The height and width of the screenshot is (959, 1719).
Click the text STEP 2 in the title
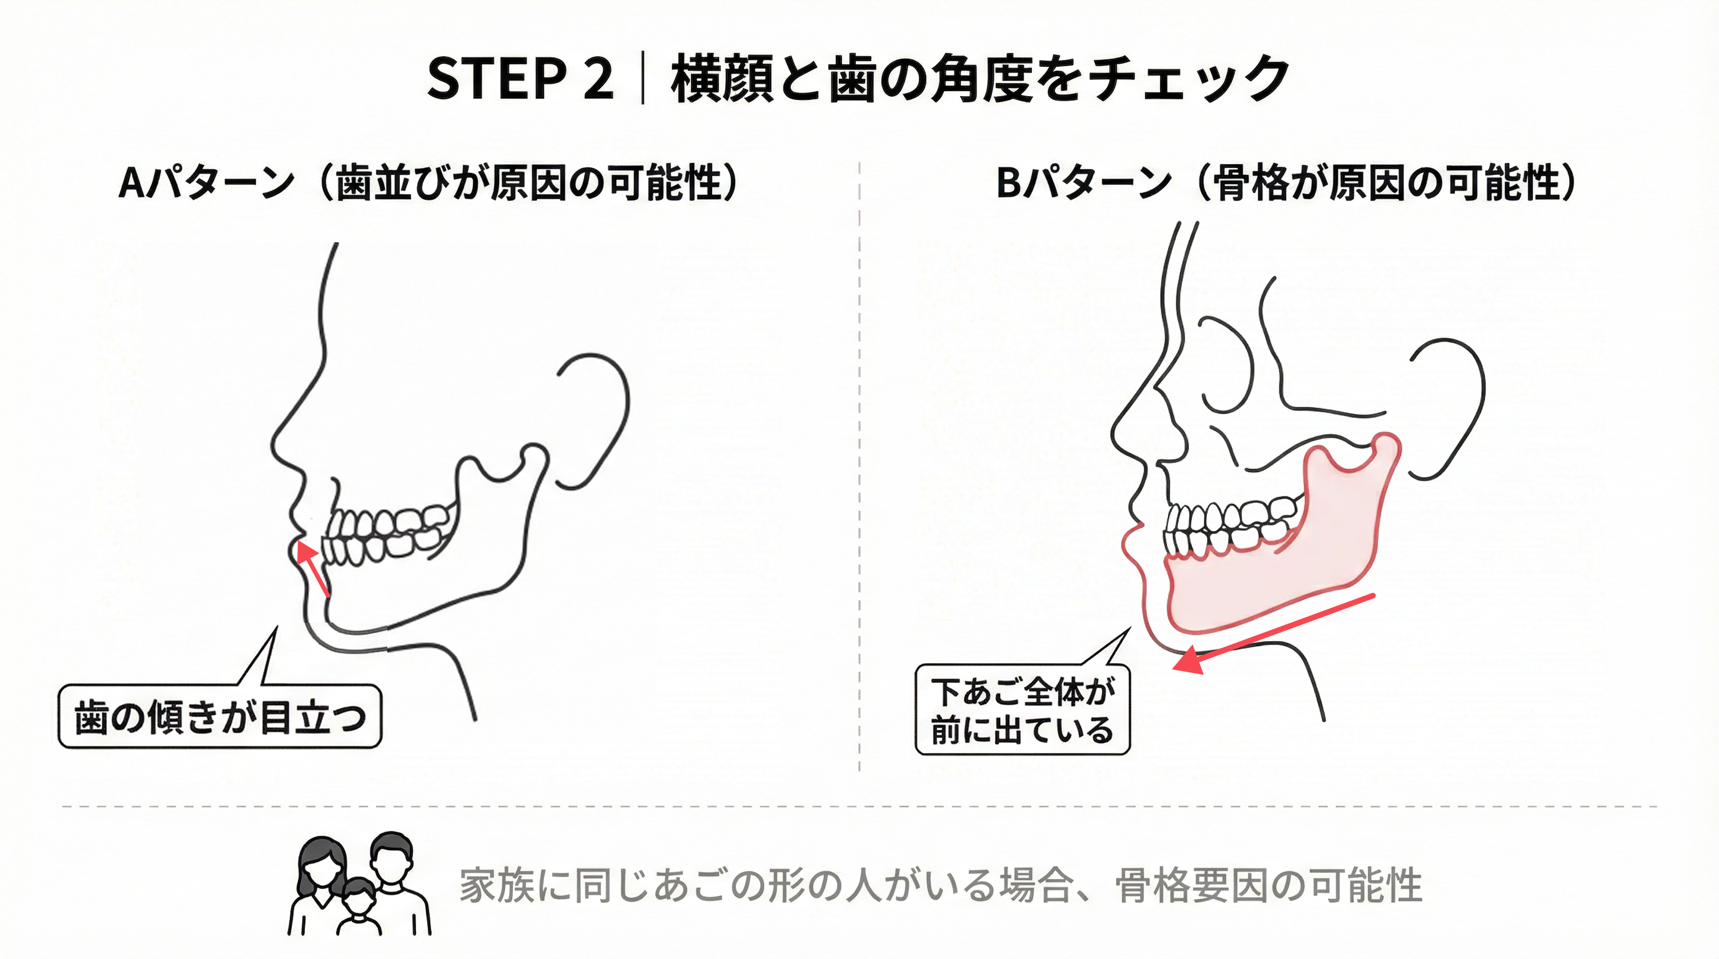click(520, 79)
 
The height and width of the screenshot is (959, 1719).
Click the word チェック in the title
click(1189, 79)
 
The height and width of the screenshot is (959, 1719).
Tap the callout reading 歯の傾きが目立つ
click(220, 716)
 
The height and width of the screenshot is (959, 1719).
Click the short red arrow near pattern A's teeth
click(312, 568)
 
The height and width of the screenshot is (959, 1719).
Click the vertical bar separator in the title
click(643, 78)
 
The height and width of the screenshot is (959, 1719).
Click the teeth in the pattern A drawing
click(385, 534)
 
